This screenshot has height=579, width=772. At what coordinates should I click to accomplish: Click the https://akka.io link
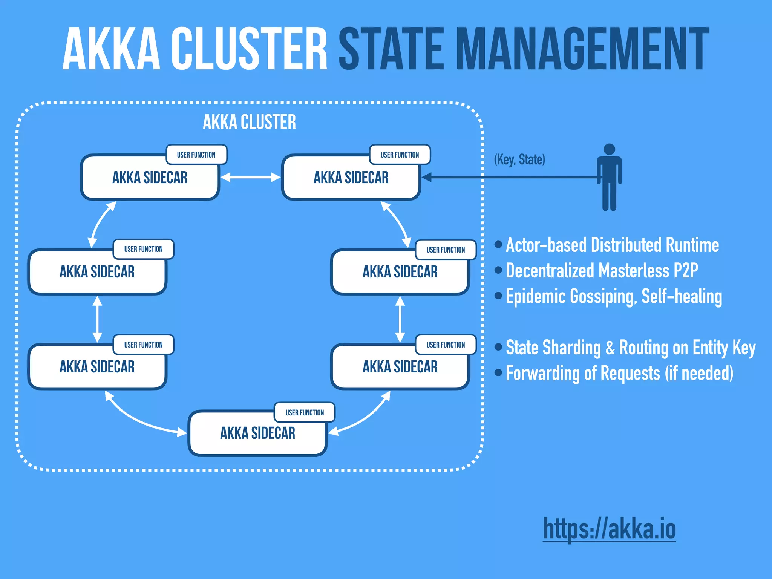point(609,528)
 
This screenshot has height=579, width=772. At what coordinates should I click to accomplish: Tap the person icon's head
point(609,149)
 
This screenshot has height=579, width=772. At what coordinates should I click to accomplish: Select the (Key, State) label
point(519,159)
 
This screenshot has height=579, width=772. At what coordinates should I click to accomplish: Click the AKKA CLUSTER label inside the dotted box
point(249,122)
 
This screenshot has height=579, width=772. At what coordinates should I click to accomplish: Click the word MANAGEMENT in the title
point(582,49)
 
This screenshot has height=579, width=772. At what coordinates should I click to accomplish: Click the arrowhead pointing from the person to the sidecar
point(426,177)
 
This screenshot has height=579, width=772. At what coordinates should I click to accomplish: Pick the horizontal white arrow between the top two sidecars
point(250,177)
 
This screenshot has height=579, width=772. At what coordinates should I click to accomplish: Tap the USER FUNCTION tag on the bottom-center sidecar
point(305,412)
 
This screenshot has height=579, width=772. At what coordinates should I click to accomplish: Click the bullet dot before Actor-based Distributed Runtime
point(498,245)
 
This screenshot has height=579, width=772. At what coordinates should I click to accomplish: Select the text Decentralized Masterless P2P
point(602,271)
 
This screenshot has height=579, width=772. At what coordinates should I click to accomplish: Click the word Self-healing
point(682,296)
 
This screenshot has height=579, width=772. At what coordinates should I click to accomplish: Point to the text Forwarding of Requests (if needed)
point(619,373)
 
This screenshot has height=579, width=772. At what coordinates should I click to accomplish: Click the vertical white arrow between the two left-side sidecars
point(97,319)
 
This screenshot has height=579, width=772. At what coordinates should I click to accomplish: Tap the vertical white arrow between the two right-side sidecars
point(400,319)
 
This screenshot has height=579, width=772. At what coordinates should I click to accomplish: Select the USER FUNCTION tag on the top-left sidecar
point(196,155)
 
